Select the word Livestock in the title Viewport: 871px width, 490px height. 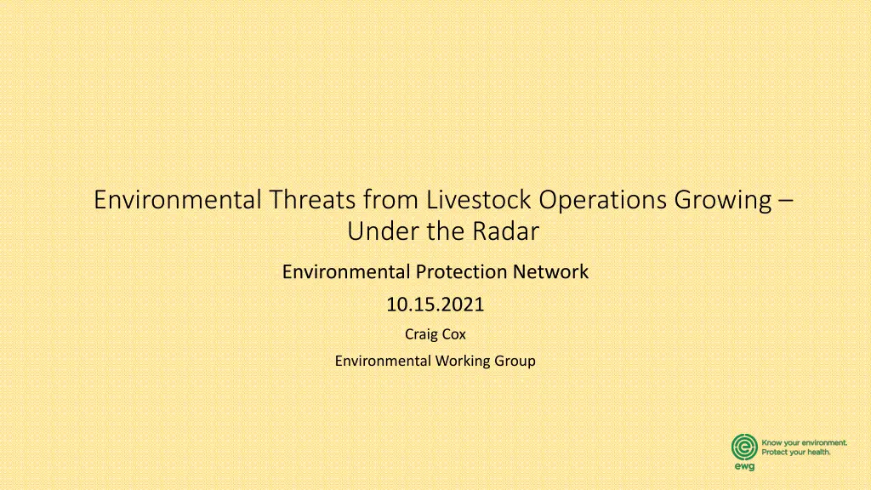pyautogui.click(x=479, y=199)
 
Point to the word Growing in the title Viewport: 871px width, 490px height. pyautogui.click(x=723, y=201)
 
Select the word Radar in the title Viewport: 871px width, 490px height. pyautogui.click(x=505, y=231)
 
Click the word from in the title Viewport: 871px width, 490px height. pyautogui.click(x=390, y=199)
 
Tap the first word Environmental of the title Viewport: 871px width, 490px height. pyautogui.click(x=178, y=199)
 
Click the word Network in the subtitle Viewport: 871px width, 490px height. pyautogui.click(x=550, y=271)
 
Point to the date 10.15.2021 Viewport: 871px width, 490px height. pyautogui.click(x=435, y=305)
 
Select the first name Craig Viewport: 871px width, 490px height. pyautogui.click(x=420, y=334)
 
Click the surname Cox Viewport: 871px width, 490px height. pyautogui.click(x=453, y=333)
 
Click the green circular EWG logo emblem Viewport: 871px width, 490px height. pyautogui.click(x=744, y=447)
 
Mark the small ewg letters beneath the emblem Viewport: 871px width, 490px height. pyautogui.click(x=744, y=467)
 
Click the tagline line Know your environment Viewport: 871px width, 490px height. pyautogui.click(x=805, y=442)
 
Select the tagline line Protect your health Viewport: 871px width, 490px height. pyautogui.click(x=796, y=453)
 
